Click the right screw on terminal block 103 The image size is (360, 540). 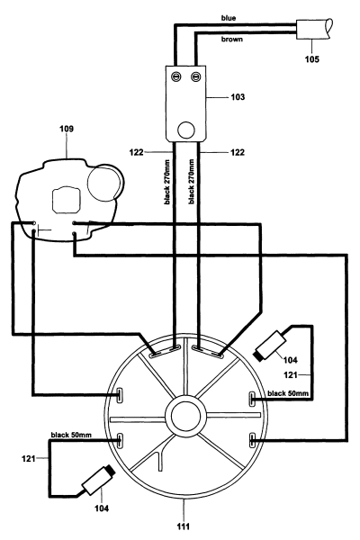tap(201, 76)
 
